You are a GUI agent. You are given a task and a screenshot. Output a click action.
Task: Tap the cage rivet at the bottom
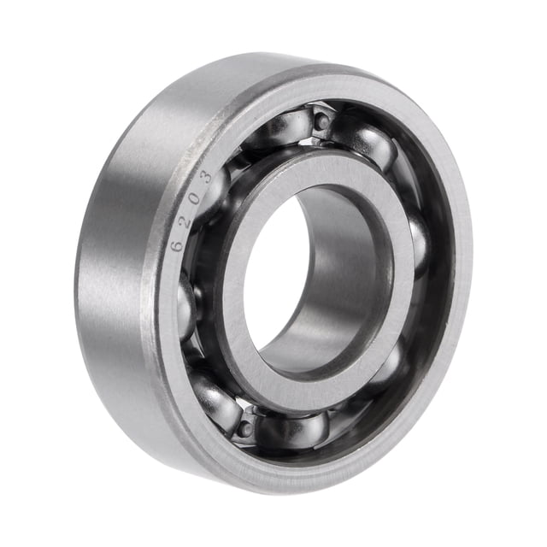point(247,426)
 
